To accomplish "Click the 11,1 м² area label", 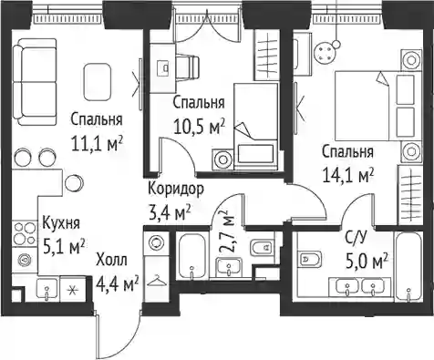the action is point(97,143).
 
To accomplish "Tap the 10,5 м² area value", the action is point(199,126).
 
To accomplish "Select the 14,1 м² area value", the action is point(347,175).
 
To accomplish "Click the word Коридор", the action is point(176,189).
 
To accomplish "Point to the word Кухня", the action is point(61,223).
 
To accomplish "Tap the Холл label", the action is point(111,261).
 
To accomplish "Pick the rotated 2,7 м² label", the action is point(227,231).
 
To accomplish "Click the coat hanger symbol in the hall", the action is point(157,281).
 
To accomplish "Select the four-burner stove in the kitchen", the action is point(25,233).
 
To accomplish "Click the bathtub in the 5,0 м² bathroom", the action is point(408,266).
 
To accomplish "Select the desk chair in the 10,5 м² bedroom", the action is point(188,67).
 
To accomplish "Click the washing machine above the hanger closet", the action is point(157,243).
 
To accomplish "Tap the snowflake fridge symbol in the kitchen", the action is point(72,289).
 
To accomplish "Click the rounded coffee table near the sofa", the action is point(97,82).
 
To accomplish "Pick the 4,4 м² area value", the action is point(118,284).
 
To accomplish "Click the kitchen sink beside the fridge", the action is point(46,290).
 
